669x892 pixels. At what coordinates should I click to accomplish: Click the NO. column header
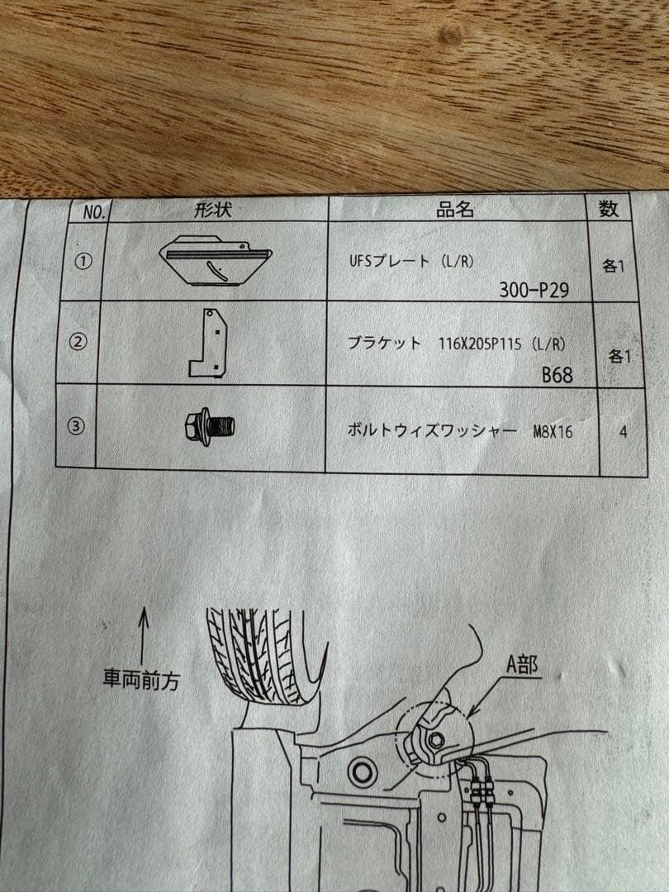[95, 212]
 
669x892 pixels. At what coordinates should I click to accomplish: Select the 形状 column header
[213, 210]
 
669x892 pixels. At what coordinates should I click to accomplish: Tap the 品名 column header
[455, 209]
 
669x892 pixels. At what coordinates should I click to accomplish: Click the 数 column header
[609, 208]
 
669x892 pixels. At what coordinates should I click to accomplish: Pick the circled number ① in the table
[84, 261]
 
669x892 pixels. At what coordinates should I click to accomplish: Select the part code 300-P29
[534, 289]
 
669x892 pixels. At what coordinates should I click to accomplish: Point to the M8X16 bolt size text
[553, 431]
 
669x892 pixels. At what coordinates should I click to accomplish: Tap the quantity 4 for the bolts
[622, 431]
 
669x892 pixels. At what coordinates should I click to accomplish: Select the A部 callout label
[521, 666]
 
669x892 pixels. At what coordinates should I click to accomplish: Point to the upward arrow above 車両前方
[143, 632]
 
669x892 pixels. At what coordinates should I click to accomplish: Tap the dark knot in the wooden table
[450, 36]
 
